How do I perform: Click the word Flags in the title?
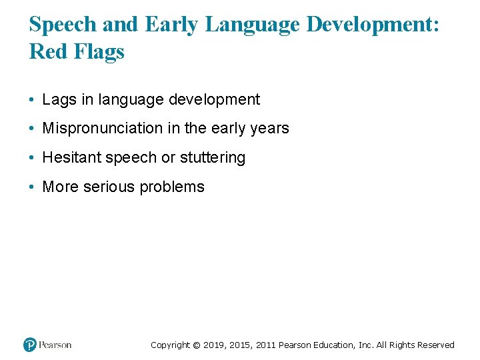tap(100, 52)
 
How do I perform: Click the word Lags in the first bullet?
tap(57, 100)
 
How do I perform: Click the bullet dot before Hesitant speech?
tap(32, 158)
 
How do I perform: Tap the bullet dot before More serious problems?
tap(32, 187)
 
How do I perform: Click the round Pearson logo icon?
tap(30, 345)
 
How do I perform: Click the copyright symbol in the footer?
tap(196, 345)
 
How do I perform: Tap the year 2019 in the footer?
tap(214, 345)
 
